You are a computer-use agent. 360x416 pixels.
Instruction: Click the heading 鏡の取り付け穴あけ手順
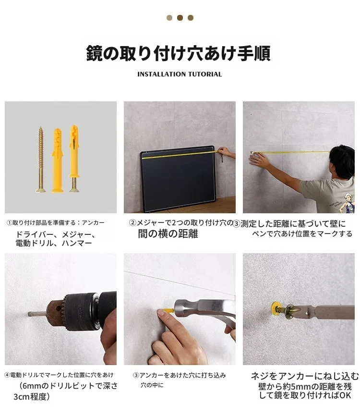178,53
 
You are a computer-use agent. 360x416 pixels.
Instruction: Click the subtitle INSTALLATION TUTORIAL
180,74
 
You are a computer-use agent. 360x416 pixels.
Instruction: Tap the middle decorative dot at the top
180,18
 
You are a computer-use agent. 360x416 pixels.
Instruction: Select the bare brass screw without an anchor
41,159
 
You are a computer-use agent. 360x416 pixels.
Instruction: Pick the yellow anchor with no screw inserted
58,160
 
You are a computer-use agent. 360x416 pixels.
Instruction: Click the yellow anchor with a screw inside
74,159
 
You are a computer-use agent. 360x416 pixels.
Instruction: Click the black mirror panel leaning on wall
178,179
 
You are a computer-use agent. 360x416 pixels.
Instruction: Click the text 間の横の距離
168,234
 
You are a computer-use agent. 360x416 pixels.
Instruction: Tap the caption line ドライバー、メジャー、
55,234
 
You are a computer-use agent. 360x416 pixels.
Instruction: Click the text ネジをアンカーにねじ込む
305,376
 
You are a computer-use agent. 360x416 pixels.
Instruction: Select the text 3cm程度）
32,397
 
